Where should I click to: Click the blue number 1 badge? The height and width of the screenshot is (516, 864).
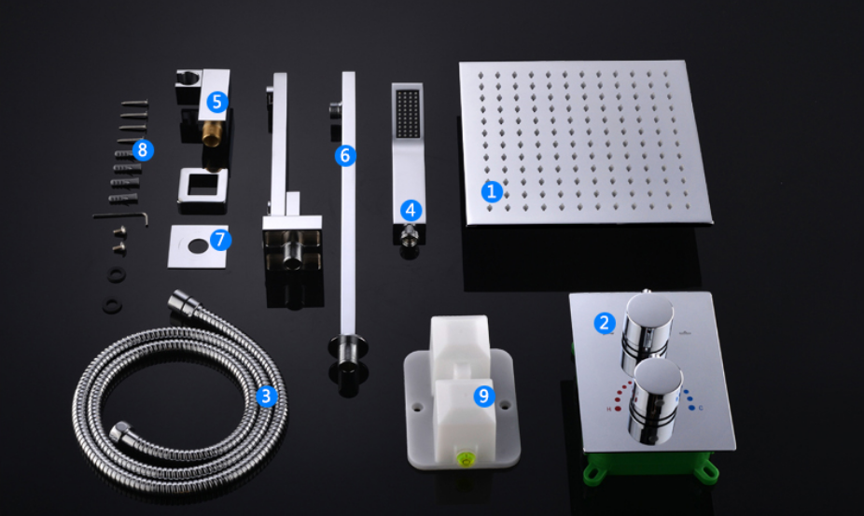[492, 192]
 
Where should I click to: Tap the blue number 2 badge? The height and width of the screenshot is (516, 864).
[604, 323]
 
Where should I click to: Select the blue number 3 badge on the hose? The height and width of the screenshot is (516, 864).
[267, 396]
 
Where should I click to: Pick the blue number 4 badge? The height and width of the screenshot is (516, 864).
[411, 210]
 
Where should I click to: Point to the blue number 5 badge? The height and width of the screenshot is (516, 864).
[217, 102]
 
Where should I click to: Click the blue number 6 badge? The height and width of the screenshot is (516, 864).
[345, 156]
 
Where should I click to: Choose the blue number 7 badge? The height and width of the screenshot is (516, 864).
[220, 240]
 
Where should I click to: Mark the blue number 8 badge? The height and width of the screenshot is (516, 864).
[143, 150]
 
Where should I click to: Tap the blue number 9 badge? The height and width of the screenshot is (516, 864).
[484, 396]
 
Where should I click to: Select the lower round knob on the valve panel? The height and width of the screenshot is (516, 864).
[655, 400]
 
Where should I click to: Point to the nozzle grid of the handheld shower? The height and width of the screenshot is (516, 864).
[408, 114]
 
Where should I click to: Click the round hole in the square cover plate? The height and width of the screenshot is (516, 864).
[198, 246]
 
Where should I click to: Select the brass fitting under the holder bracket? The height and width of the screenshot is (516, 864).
[212, 135]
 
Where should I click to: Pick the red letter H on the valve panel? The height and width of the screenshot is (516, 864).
[609, 409]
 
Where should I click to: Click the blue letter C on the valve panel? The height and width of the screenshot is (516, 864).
[701, 408]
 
